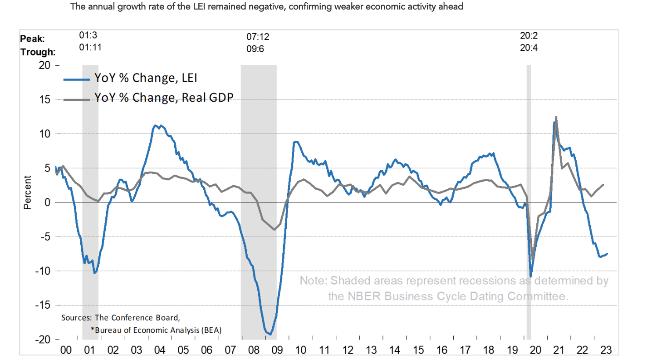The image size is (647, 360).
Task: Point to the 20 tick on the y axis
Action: tap(44, 65)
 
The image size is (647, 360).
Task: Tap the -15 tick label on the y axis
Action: tap(42, 305)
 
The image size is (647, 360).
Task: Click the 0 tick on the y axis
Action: tap(46, 202)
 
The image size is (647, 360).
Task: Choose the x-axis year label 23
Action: tap(606, 350)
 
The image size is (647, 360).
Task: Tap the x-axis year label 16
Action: tap(441, 350)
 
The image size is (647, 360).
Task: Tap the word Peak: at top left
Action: tap(33, 39)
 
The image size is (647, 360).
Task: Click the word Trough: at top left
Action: tap(38, 52)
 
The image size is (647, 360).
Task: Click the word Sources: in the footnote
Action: tap(77, 318)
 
